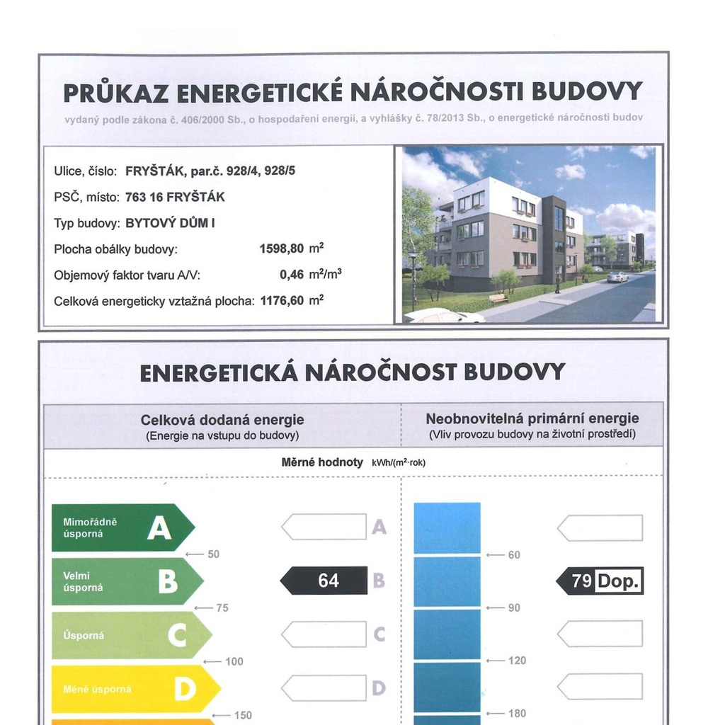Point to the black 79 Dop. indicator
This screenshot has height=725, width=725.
tap(600, 581)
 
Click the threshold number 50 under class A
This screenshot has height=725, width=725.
tap(213, 554)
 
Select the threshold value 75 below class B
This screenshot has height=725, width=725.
tap(222, 607)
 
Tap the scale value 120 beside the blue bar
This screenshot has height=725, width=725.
tap(517, 661)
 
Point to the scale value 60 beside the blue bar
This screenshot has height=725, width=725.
tap(514, 554)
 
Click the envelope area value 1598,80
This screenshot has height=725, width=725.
tap(282, 249)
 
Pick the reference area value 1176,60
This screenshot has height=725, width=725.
tap(282, 300)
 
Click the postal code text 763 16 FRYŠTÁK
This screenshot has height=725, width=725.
tap(175, 197)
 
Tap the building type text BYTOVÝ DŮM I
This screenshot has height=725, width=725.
tap(170, 223)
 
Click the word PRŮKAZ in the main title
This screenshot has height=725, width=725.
tap(115, 92)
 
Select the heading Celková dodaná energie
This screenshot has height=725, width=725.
tap(222, 420)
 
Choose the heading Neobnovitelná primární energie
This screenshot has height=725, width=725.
tap(532, 418)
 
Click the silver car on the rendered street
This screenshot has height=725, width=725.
tap(617, 277)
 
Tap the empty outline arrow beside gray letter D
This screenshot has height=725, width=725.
tap(324, 687)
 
